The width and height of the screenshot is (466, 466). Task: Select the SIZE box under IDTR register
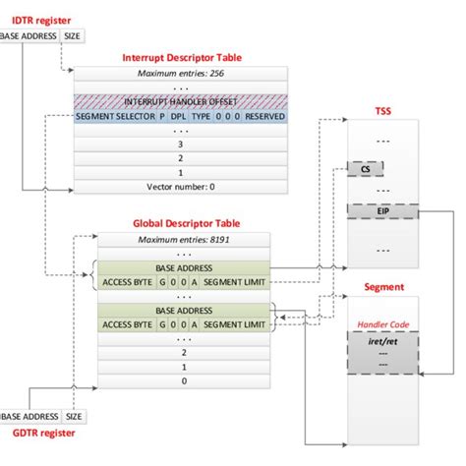click(72, 36)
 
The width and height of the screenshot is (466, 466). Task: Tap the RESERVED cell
click(263, 115)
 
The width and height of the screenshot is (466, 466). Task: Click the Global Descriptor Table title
click(187, 224)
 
